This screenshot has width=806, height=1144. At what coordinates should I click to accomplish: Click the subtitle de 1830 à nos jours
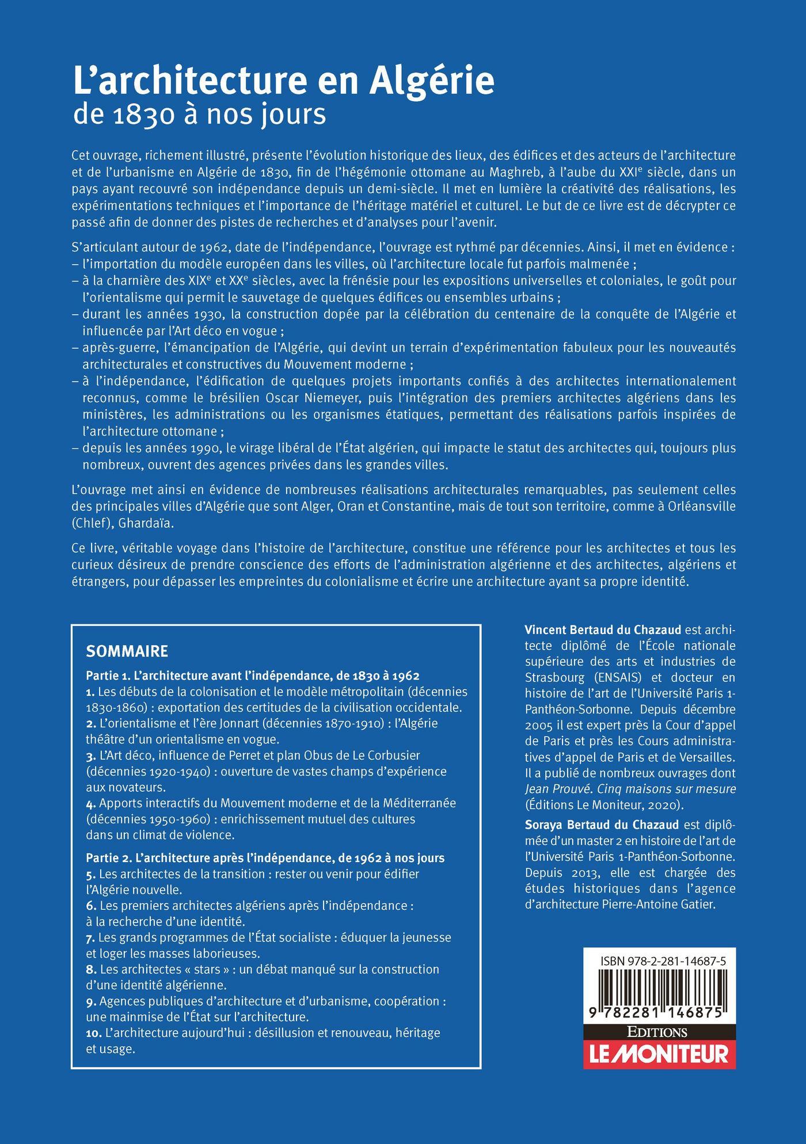199,114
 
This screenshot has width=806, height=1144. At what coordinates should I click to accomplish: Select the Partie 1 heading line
252,676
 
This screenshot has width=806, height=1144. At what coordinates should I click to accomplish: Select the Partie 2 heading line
265,858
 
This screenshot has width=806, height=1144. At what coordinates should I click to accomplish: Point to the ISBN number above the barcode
662,962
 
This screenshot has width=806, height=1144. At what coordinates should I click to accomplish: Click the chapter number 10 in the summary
93,1033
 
